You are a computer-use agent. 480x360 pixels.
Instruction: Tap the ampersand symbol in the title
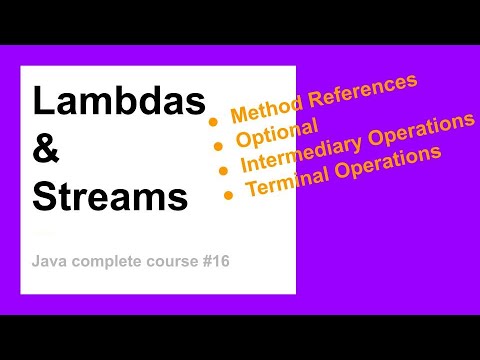click(47, 149)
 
